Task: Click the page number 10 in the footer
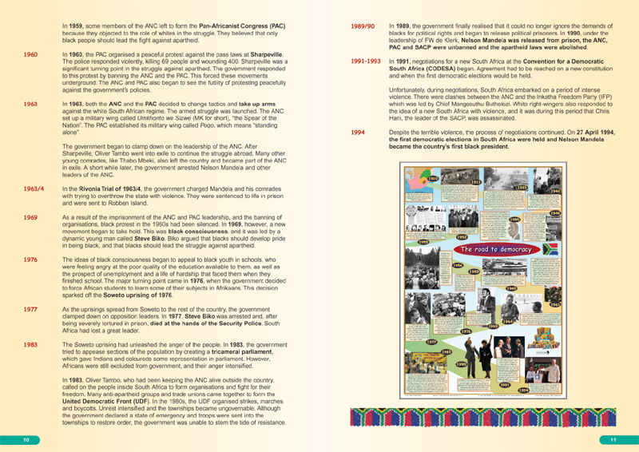(26, 440)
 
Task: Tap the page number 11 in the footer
(613, 440)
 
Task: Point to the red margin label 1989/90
(363, 26)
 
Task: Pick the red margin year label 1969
(30, 217)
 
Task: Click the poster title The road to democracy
(496, 250)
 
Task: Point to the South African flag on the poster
(549, 249)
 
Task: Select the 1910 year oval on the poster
(432, 178)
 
